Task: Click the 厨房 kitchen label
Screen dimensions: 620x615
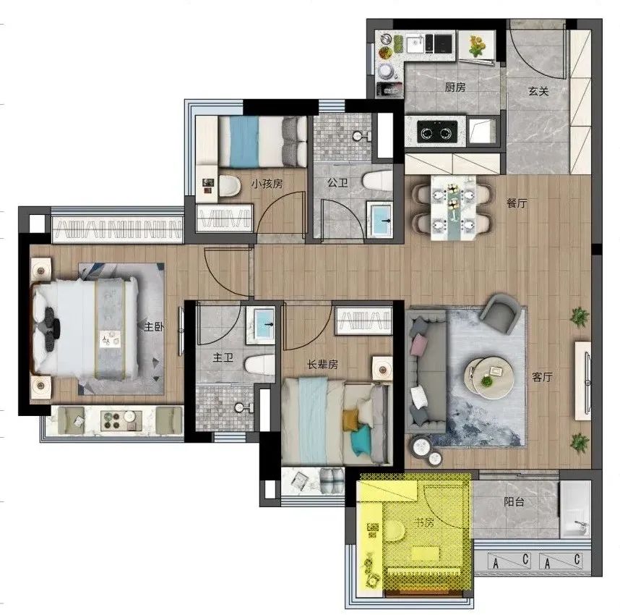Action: pos(455,87)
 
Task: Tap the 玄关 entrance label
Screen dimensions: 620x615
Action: pos(538,91)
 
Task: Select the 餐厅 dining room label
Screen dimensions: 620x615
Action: pos(517,203)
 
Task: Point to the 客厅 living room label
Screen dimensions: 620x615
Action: pos(542,377)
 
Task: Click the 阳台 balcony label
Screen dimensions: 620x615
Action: pos(514,502)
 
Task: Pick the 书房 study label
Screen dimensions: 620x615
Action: pos(424,522)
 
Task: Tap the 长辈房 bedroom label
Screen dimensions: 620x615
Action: pos(323,365)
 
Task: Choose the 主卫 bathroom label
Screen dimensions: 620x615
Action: pos(223,357)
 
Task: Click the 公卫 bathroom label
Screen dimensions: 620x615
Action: pos(337,182)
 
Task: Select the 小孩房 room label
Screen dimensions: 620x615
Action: pos(267,184)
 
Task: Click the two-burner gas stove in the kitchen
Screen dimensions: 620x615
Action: pos(437,131)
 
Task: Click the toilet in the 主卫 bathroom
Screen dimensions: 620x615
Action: pos(259,365)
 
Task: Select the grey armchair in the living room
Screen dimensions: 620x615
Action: pos(500,313)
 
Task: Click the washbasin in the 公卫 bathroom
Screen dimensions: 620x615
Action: pos(380,219)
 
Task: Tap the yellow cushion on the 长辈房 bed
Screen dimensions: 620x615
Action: pos(350,420)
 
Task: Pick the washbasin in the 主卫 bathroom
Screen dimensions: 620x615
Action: pos(261,325)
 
